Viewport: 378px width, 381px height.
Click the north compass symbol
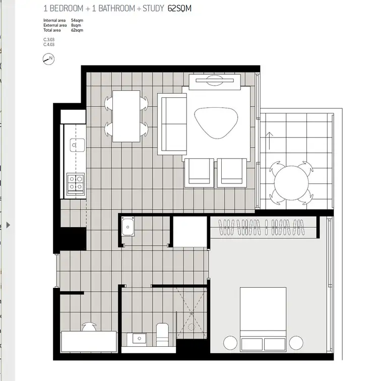coord(48,59)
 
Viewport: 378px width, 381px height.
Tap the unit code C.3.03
coord(49,39)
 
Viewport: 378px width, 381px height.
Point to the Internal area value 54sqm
coord(77,20)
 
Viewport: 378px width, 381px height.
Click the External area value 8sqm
coord(76,24)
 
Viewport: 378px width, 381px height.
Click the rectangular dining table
coord(126,116)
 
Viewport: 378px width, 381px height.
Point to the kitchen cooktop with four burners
coord(76,182)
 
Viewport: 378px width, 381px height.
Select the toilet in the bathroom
coord(162,334)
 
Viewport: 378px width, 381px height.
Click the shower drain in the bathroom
coord(191,313)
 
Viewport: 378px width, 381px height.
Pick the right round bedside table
coord(296,343)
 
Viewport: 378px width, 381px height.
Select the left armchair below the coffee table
coord(200,171)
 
